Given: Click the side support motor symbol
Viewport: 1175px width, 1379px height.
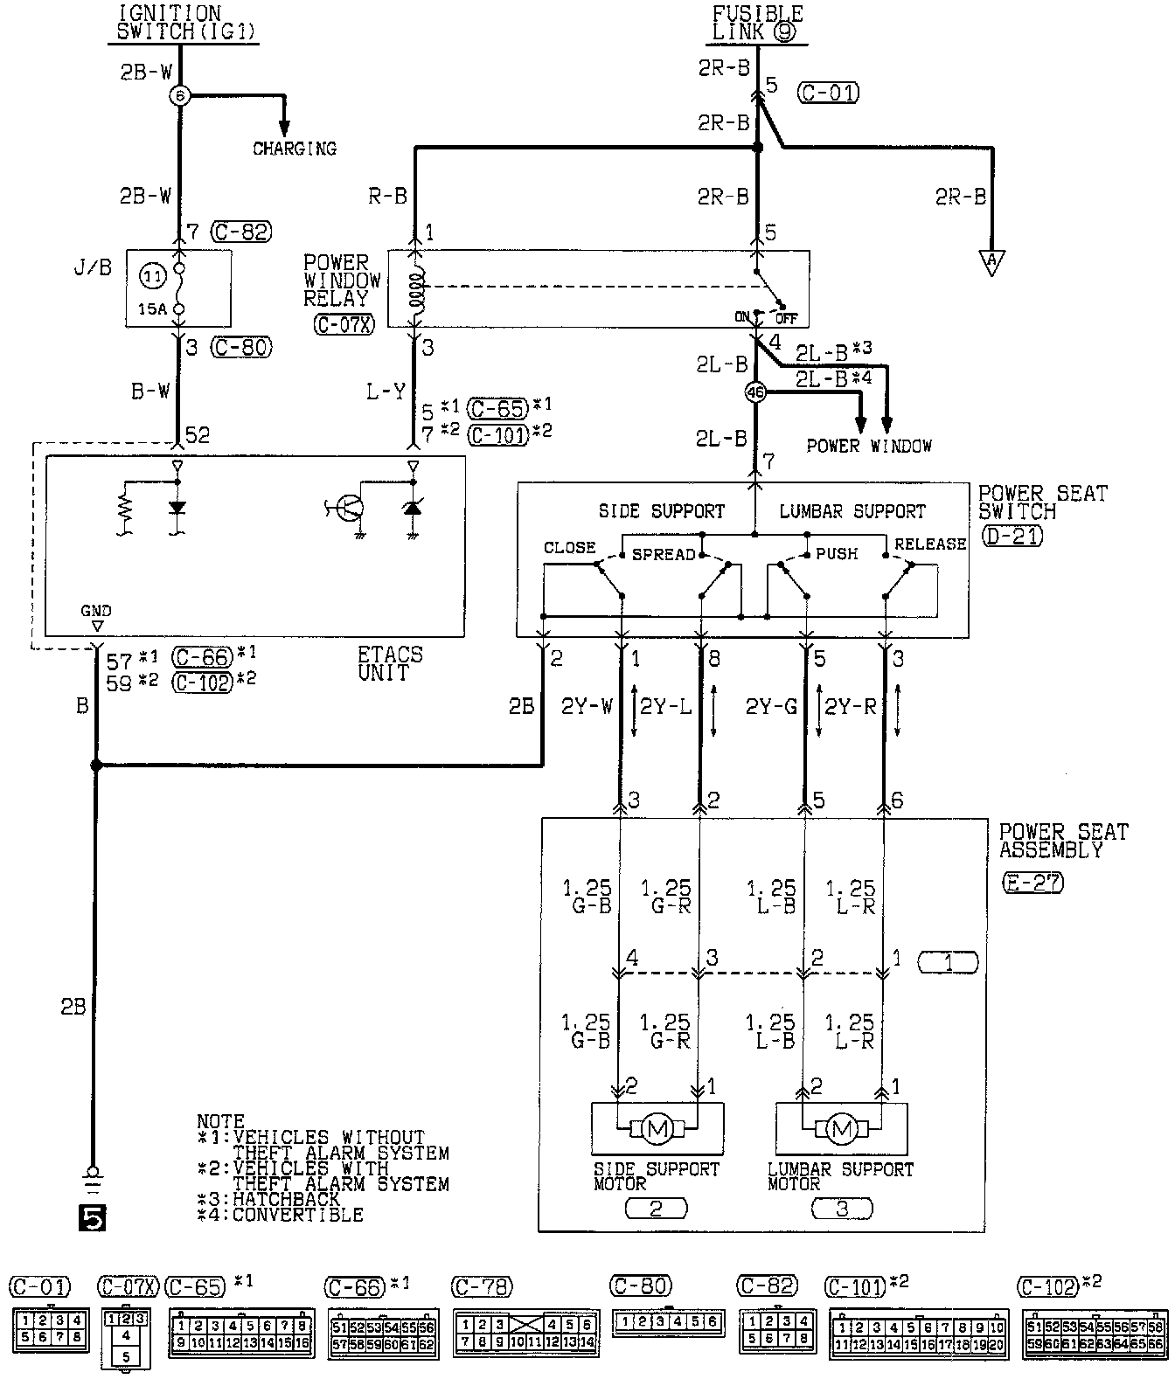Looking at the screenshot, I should coord(657,1130).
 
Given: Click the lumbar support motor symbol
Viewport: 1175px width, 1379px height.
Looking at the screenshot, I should coord(841,1130).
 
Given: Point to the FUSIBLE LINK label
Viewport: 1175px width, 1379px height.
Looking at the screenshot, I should coord(756,24).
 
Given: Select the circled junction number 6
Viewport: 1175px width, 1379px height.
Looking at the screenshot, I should coord(179,95).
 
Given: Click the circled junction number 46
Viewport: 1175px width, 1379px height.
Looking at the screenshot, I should coord(755,393).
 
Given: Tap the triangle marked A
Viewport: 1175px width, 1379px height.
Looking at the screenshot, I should coord(991,263).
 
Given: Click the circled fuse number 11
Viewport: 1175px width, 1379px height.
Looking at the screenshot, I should coord(151,278).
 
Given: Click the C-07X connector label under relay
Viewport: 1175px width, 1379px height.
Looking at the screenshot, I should coord(343,324).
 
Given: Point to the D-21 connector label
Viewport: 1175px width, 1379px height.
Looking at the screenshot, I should coord(1012,536).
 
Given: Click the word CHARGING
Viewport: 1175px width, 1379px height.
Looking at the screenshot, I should coord(295,149).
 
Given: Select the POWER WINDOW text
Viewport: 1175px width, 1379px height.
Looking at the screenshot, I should coord(868,446).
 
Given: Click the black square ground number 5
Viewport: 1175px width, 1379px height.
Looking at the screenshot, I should coord(91,1216).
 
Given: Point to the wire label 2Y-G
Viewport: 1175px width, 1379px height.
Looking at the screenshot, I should coord(771,707).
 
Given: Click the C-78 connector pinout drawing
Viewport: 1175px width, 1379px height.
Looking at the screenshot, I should coord(525,1331).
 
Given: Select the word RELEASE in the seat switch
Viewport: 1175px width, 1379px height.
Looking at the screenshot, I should coord(930,544).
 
